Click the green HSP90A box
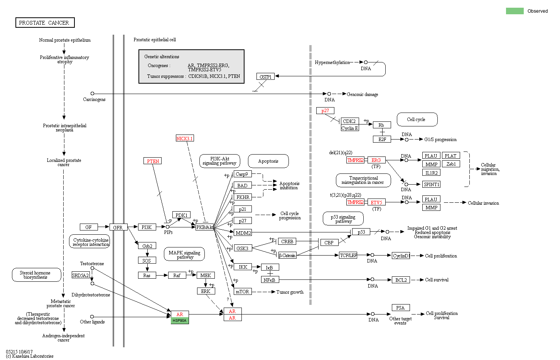(x=180, y=321)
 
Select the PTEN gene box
(x=153, y=161)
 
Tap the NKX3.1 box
(x=185, y=138)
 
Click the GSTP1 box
(x=265, y=77)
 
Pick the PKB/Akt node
(x=204, y=227)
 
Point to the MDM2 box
(x=243, y=233)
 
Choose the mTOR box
(x=243, y=292)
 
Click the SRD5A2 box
(x=81, y=275)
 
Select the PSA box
(x=400, y=308)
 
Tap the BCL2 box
(x=401, y=280)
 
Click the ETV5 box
(x=376, y=202)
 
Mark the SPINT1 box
(x=431, y=184)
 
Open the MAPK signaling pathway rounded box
(x=184, y=254)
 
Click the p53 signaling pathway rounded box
(x=343, y=219)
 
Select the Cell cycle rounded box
(x=417, y=119)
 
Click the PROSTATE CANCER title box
(x=45, y=23)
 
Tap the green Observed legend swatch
(x=514, y=11)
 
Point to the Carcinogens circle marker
(x=92, y=94)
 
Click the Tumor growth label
(x=290, y=292)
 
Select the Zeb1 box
(x=451, y=164)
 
